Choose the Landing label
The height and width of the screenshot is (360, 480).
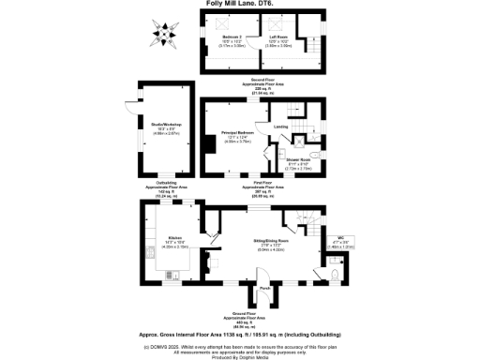pos(279,125)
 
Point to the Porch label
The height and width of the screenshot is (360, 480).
pos(265,287)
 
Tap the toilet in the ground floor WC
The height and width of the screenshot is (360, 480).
pos(336,275)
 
